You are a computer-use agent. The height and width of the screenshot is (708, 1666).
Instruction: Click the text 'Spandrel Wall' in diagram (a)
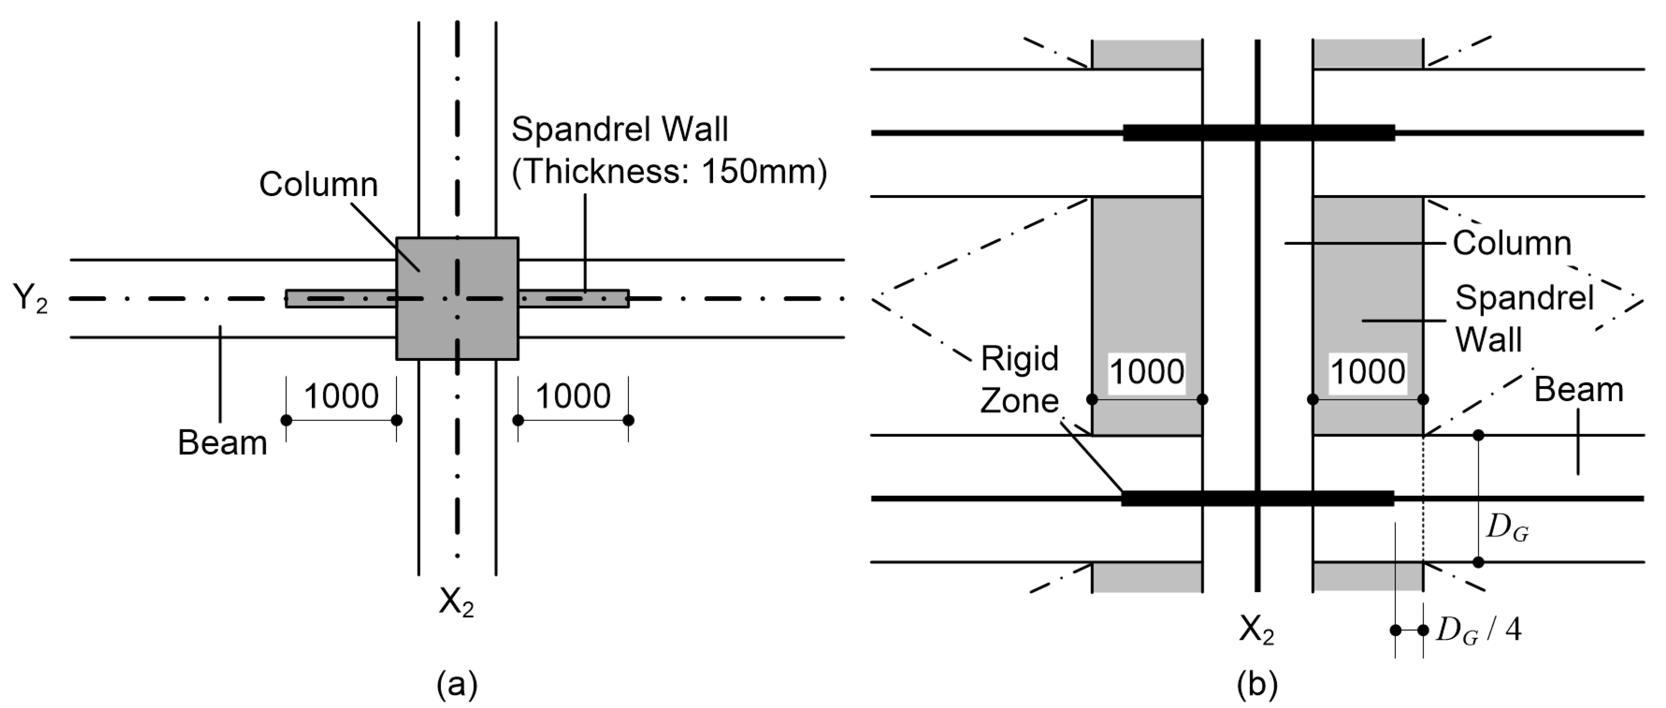tap(619, 129)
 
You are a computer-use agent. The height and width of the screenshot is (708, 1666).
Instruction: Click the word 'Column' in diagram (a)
tap(318, 184)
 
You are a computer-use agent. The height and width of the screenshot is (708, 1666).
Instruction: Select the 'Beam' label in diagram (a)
tap(222, 443)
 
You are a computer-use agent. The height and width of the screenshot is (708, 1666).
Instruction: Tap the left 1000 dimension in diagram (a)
tap(341, 396)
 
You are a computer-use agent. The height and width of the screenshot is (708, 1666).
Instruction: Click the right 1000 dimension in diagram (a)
tap(572, 396)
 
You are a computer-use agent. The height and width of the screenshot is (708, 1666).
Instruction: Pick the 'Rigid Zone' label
tap(1019, 379)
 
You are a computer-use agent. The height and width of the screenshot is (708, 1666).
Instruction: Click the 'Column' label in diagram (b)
tap(1511, 244)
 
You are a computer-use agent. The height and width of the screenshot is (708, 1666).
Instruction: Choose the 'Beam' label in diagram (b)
tap(1578, 390)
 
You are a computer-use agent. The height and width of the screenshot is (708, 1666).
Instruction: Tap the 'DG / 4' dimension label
tap(1478, 629)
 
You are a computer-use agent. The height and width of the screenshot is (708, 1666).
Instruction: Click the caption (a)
tap(457, 685)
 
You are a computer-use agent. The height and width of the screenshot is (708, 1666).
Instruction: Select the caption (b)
tap(1256, 685)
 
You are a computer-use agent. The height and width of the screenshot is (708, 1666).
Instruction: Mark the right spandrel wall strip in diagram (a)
tap(573, 299)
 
